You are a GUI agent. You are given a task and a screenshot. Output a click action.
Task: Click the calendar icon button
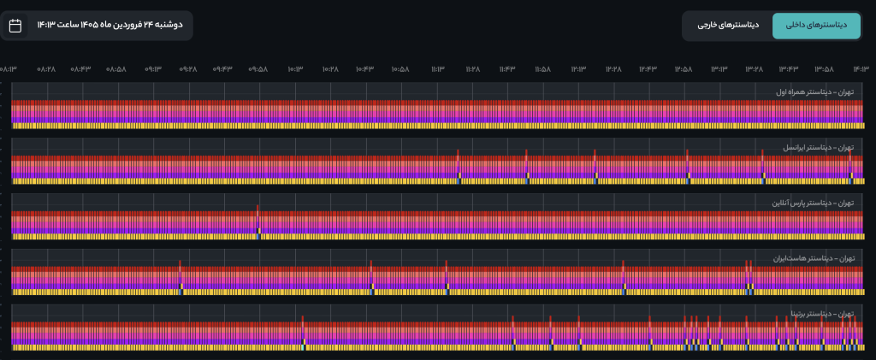15,26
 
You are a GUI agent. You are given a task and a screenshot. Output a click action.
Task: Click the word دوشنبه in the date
168,26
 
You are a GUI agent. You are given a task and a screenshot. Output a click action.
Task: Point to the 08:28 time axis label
46,68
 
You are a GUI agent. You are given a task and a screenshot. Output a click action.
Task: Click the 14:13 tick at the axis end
861,68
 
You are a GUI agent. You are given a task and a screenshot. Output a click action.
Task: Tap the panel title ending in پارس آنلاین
813,203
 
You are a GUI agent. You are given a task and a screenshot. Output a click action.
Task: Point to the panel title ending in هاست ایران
813,258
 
